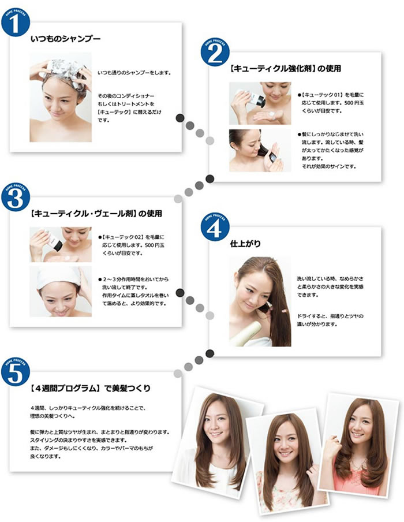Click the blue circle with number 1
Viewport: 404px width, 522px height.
16,22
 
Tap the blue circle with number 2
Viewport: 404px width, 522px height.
215,52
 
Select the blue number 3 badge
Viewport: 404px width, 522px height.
16,197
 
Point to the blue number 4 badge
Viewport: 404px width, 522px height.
215,227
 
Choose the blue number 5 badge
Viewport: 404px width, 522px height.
16,372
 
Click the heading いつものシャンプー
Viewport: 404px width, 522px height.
65,39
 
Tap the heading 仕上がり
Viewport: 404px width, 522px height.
245,244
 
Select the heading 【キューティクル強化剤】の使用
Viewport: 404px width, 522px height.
285,69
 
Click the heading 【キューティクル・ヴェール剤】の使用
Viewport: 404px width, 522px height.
96,214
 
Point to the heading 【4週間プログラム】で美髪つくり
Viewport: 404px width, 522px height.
90,388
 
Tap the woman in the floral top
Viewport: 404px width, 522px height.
287,463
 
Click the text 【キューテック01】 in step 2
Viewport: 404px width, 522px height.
321,95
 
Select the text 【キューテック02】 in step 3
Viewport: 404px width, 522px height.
121,237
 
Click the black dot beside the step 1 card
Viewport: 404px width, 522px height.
179,118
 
